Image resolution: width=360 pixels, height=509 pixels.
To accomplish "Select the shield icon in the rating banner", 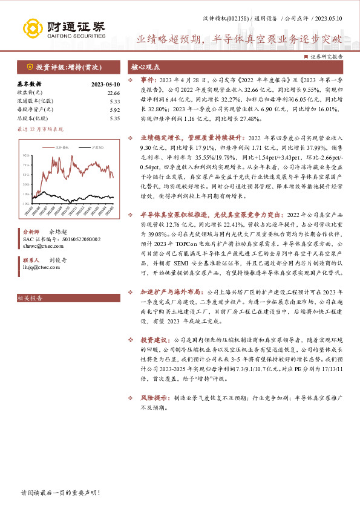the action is coord(30,68).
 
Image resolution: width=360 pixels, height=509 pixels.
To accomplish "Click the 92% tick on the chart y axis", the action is coord(27,155).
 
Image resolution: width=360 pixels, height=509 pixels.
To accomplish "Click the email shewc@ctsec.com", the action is coord(38,247).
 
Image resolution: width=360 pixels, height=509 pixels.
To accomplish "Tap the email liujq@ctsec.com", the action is coord(36,266).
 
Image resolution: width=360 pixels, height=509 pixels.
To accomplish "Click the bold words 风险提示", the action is coord(153,399).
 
